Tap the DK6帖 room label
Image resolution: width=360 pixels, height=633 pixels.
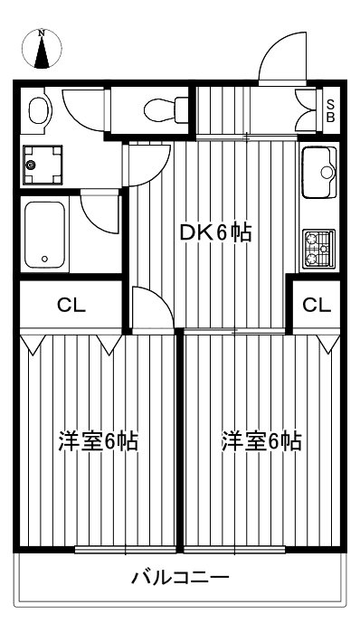pos(214,232)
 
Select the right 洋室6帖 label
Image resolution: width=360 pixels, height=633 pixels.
pos(262,442)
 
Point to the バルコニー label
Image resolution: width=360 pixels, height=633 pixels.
pos(180,576)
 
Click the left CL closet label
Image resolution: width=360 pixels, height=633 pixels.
pos(71,305)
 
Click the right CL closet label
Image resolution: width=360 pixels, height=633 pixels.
pos(317,305)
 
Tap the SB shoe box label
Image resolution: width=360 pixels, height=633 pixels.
pos(330,110)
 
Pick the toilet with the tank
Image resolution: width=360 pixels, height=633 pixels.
pos(163,109)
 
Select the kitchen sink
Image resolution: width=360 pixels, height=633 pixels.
pos(317,172)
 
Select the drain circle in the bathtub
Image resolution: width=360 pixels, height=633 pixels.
pos(43,259)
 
